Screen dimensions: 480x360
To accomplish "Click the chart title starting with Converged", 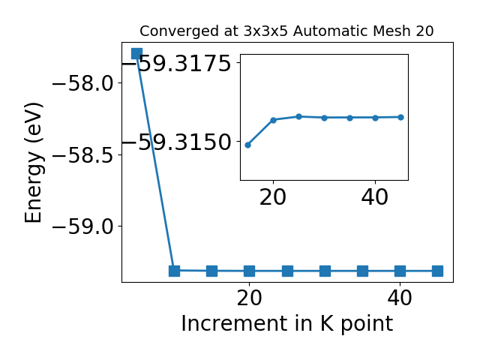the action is pyautogui.click(x=286, y=31).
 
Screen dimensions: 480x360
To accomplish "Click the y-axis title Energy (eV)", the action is pyautogui.click(x=33, y=163).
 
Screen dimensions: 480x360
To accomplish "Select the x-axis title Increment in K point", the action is pyautogui.click(x=286, y=324).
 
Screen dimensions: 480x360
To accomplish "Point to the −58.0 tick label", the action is pyautogui.click(x=83, y=83).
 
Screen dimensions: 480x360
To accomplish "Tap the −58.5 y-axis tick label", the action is pyautogui.click(x=83, y=155).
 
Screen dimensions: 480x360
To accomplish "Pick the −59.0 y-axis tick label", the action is pyautogui.click(x=83, y=226).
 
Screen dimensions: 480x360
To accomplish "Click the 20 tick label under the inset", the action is pyautogui.click(x=273, y=197).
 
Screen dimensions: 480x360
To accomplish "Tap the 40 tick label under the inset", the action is pyautogui.click(x=375, y=197).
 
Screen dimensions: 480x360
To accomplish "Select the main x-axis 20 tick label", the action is pyautogui.click(x=250, y=298).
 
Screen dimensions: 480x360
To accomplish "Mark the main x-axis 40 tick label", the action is pyautogui.click(x=400, y=298).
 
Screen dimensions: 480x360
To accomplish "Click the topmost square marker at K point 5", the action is pyautogui.click(x=136, y=53).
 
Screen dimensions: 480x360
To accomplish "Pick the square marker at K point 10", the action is pyautogui.click(x=174, y=271).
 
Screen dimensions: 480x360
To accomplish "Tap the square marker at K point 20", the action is pyautogui.click(x=250, y=271).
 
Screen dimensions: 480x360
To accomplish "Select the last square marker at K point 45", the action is pyautogui.click(x=437, y=271).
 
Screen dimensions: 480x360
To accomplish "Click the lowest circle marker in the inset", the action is pyautogui.click(x=248, y=145).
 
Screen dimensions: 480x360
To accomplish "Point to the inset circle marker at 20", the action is pyautogui.click(x=273, y=120).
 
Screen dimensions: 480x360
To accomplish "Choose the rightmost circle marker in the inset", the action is pyautogui.click(x=401, y=117).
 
